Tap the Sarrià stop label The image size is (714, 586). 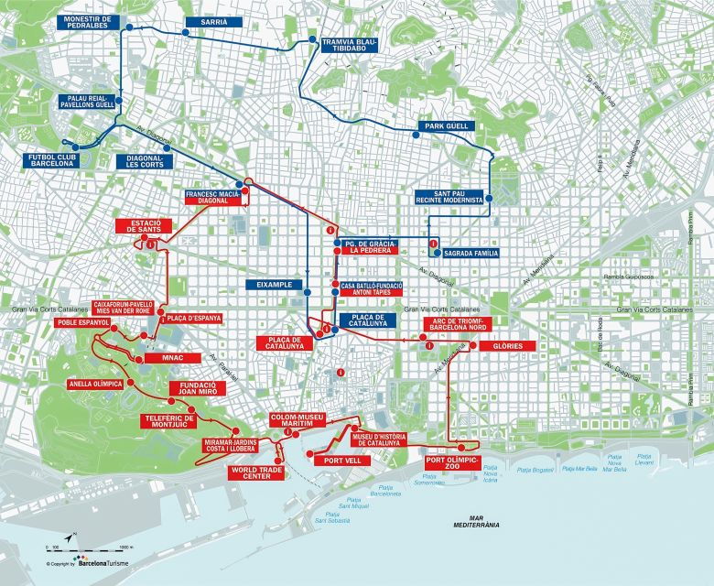206,21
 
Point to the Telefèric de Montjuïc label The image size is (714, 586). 171,420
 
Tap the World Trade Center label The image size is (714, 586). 255,472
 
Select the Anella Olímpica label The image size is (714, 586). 95,384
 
